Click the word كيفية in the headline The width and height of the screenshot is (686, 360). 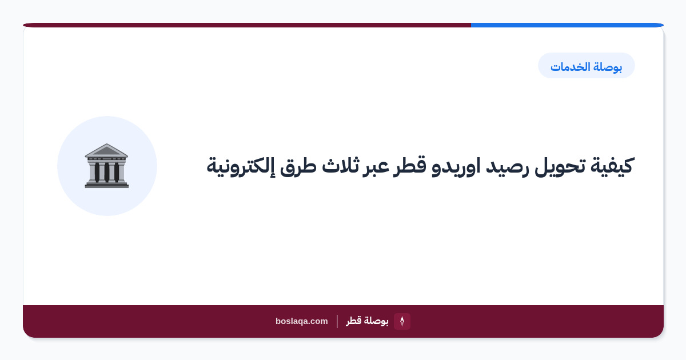[x=612, y=166]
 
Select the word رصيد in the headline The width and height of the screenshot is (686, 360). [x=507, y=166]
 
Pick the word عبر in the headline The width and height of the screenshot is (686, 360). [x=375, y=166]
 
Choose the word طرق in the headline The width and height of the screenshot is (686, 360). [x=298, y=166]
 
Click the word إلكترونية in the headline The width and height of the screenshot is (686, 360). [x=241, y=166]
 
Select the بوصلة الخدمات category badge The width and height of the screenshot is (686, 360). [x=586, y=66]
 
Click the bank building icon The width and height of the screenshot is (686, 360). [x=106, y=166]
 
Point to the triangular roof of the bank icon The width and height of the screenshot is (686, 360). [x=106, y=150]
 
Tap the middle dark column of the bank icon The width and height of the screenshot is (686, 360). [x=107, y=172]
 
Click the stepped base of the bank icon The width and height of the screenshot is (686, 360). [x=107, y=185]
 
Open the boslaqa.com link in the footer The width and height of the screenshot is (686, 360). [x=302, y=321]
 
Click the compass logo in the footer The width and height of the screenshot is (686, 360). [x=402, y=321]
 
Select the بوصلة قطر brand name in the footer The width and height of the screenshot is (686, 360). [x=367, y=321]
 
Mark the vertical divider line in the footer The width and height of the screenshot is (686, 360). [x=337, y=321]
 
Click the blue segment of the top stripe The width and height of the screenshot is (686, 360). [x=567, y=25]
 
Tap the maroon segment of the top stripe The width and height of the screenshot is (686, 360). [x=247, y=25]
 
